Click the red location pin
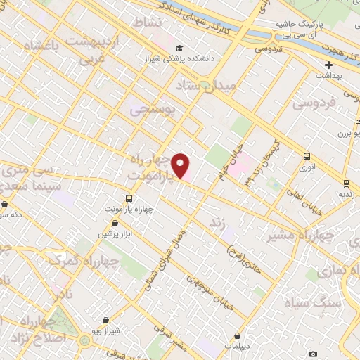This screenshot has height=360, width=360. pyautogui.click(x=181, y=166)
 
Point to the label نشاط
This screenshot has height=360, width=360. pyautogui.click(x=147, y=24)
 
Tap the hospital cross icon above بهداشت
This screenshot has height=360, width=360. pyautogui.click(x=328, y=65)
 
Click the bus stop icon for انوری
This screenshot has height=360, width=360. pyautogui.click(x=306, y=157)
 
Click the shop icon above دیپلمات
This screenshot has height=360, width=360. pyautogui.click(x=238, y=335)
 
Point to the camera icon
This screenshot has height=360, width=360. pyautogui.click(x=313, y=353)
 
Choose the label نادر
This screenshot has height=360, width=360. pyautogui.click(x=62, y=293)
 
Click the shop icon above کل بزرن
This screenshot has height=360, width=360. pyautogui.click(x=357, y=122)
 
